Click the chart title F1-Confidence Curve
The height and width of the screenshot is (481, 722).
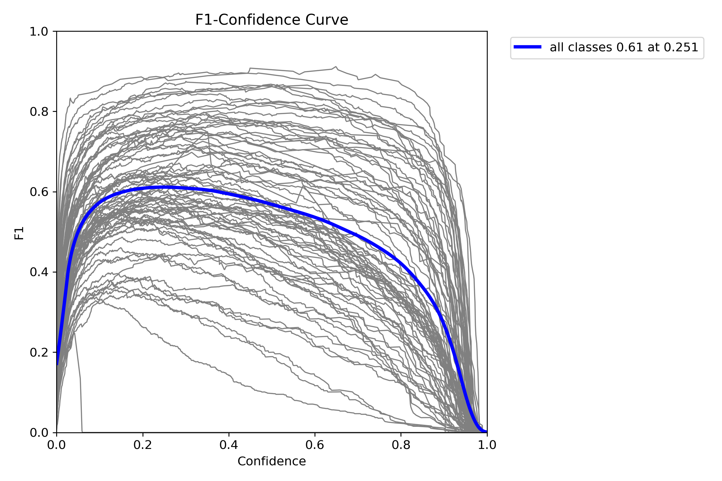(271, 20)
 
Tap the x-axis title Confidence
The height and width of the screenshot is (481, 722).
(271, 461)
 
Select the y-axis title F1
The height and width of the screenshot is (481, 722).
(19, 233)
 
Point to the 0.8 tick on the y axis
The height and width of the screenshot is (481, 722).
(39, 112)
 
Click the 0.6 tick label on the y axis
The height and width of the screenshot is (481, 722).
(39, 192)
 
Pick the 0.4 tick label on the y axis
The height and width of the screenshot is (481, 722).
(39, 272)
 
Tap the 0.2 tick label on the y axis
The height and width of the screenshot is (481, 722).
(39, 352)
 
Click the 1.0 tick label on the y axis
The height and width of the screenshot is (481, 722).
(39, 31)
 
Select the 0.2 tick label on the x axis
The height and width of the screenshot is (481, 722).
(143, 445)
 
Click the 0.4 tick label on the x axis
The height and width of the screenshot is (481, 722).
(229, 445)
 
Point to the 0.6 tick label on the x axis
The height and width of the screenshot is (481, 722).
(315, 445)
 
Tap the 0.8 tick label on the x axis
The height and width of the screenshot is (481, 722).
(401, 445)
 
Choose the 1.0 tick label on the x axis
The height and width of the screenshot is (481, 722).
(487, 445)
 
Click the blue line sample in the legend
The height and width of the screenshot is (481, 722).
(528, 47)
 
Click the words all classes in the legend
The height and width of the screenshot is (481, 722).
(580, 47)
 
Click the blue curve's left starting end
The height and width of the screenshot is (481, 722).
(57, 364)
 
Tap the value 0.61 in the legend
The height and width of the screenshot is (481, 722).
(629, 47)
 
